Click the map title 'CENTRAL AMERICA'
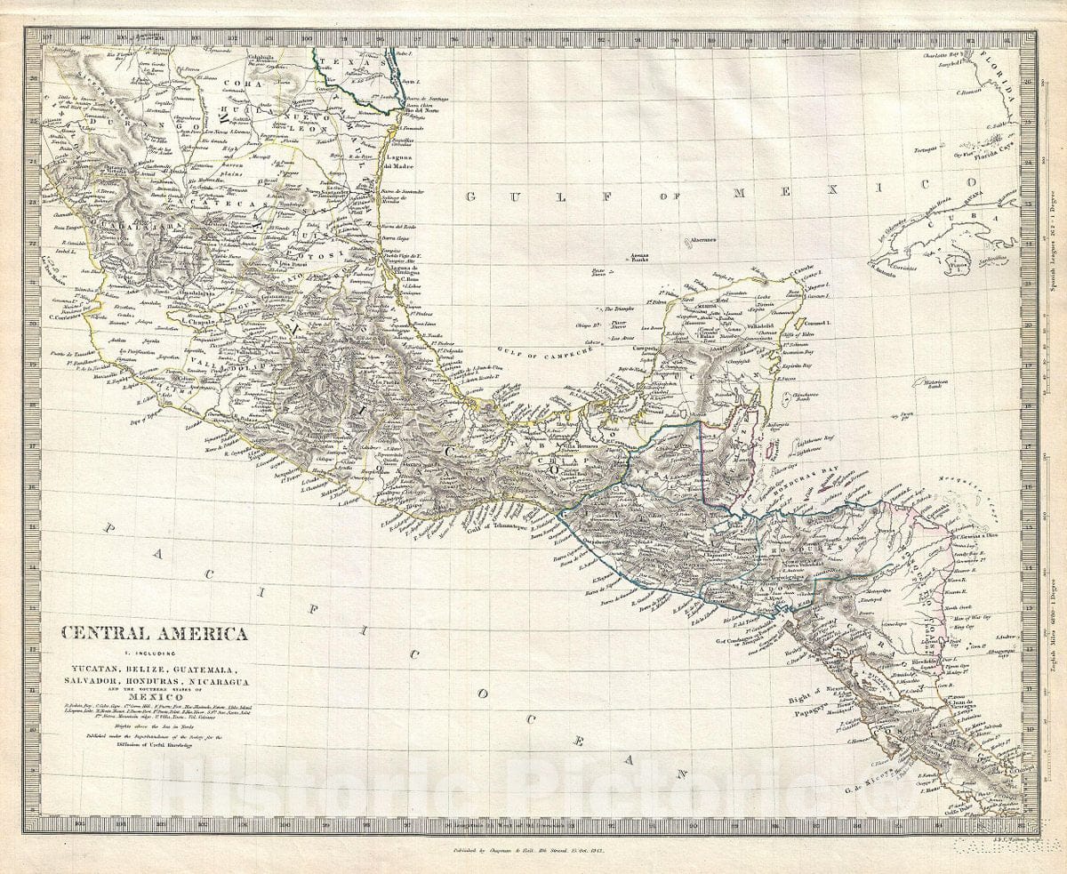(x=154, y=634)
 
